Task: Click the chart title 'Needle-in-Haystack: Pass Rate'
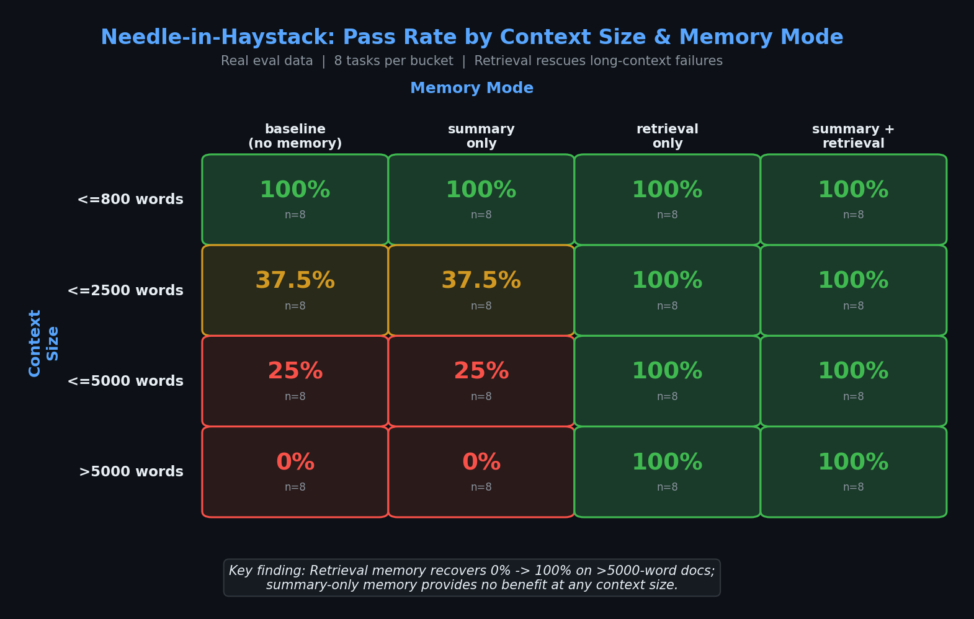coord(471,38)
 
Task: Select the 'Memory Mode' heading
coord(471,88)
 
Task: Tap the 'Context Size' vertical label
coord(43,343)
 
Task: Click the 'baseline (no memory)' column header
coord(295,136)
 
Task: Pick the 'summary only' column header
coord(481,136)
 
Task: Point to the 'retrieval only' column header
coord(667,136)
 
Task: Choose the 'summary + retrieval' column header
coord(853,136)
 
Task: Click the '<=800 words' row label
coord(130,200)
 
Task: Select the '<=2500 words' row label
coord(125,291)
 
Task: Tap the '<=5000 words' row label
coord(125,381)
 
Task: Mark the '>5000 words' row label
coord(131,472)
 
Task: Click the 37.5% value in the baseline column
coord(295,281)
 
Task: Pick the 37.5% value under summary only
coord(481,281)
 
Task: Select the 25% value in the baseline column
coord(295,372)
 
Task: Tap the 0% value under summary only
coord(481,463)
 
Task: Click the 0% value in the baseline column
coord(295,463)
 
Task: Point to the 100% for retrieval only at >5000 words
coord(667,463)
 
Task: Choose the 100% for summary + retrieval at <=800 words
coord(853,190)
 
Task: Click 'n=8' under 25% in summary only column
coord(481,397)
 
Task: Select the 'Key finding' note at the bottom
coord(471,578)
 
